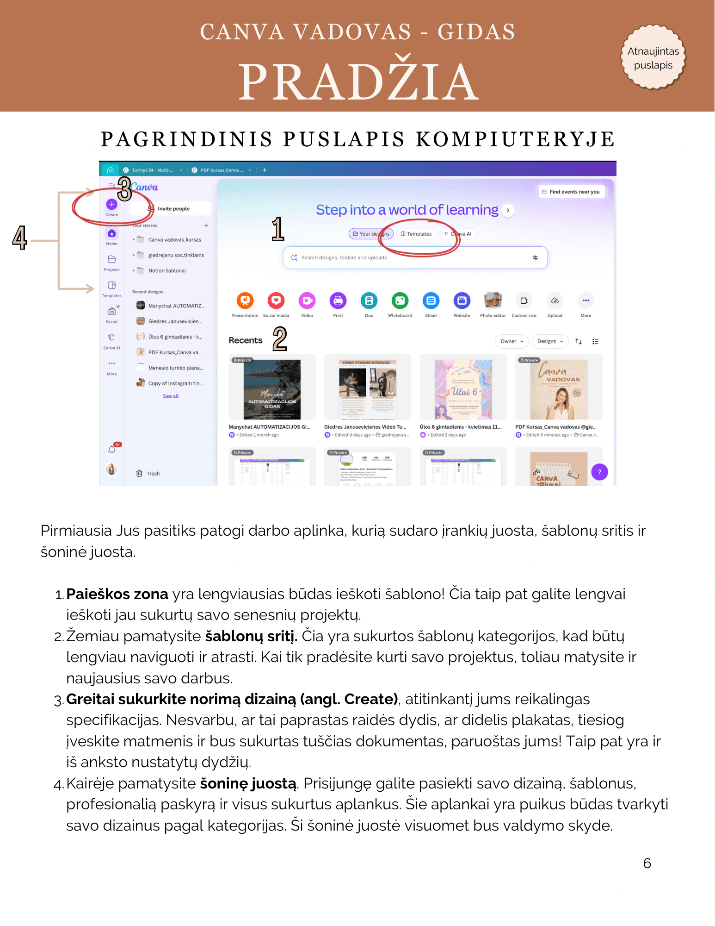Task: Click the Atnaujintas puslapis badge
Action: (x=653, y=57)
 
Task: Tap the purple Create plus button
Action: (x=111, y=204)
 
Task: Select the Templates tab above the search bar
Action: (x=416, y=234)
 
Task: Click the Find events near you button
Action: (x=572, y=192)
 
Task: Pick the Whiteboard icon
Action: (x=400, y=301)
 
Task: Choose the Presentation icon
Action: (x=245, y=301)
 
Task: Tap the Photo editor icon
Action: (x=493, y=301)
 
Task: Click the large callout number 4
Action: (x=20, y=238)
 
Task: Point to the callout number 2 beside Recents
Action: (x=280, y=338)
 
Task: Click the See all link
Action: (x=171, y=396)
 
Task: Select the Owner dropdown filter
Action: (x=512, y=341)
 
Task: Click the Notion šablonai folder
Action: (x=166, y=271)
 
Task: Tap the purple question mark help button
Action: (x=599, y=472)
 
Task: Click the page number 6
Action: (x=647, y=863)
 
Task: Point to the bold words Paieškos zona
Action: (x=117, y=594)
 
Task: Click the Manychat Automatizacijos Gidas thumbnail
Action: (x=272, y=389)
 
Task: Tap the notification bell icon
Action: (x=111, y=449)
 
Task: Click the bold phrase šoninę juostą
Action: (x=248, y=783)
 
